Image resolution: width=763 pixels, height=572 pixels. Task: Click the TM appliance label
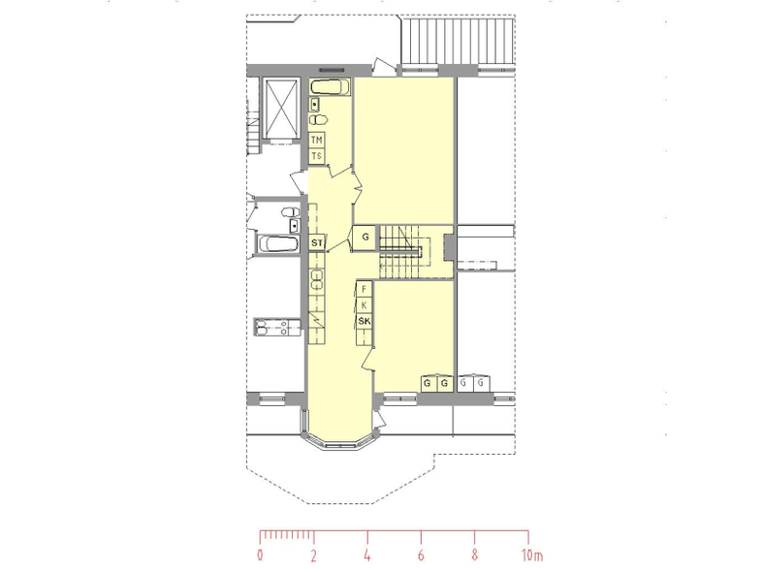click(316, 140)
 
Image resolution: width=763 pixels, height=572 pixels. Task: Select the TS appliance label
click(316, 156)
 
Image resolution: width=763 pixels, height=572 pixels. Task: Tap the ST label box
click(316, 242)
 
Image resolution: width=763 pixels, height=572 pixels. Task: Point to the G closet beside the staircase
click(365, 238)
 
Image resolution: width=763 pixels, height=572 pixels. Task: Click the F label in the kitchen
click(364, 289)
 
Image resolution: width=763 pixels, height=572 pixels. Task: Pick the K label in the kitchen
click(364, 305)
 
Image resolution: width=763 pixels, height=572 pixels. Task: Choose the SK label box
click(364, 321)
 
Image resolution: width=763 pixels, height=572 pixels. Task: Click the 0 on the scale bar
click(261, 555)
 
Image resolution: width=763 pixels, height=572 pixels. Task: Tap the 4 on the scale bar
click(367, 555)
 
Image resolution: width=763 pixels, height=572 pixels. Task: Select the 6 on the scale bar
click(421, 555)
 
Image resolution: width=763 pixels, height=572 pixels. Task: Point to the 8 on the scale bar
click(474, 555)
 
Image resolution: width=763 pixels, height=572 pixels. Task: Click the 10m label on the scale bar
click(532, 555)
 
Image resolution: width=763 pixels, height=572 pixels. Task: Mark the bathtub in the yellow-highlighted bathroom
click(330, 87)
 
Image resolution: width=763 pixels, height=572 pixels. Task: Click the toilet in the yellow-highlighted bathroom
click(319, 119)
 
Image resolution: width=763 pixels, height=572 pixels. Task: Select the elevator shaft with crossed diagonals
click(280, 109)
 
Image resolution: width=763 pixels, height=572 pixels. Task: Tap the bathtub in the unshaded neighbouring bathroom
click(277, 243)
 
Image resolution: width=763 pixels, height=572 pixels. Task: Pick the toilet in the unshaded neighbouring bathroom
click(291, 212)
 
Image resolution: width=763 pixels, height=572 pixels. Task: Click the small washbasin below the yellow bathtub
click(315, 104)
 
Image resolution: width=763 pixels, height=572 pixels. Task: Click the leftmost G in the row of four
click(428, 383)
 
